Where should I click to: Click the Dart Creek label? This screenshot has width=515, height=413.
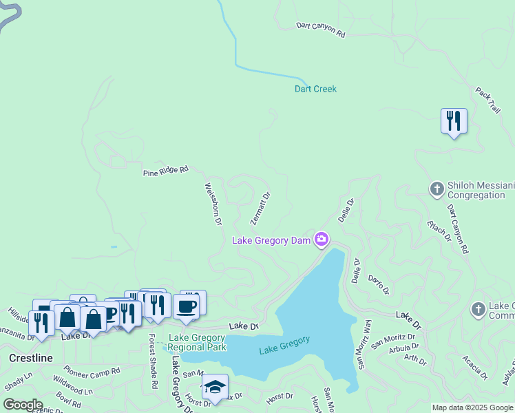(x=315, y=89)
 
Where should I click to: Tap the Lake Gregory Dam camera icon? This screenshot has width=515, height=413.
(x=321, y=240)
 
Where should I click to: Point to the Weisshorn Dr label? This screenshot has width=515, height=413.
(x=213, y=204)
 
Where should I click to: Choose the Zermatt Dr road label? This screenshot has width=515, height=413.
(x=260, y=208)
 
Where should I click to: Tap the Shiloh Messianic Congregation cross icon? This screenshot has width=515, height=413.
(x=437, y=189)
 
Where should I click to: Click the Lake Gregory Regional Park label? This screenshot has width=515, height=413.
(x=198, y=342)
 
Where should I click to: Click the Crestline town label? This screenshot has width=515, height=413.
(x=31, y=359)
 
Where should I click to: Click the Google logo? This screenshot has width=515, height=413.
(x=23, y=405)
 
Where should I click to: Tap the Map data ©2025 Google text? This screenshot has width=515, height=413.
(x=472, y=407)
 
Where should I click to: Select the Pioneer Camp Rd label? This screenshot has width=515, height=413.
(x=92, y=370)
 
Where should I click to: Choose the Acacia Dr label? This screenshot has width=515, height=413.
(x=475, y=366)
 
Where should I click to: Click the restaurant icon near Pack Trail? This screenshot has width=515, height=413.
(x=454, y=121)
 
